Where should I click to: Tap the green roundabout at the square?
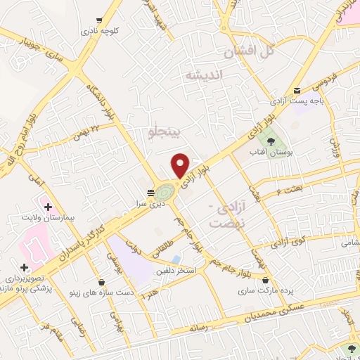click(x=165, y=191)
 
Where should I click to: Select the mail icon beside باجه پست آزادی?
click(x=297, y=90)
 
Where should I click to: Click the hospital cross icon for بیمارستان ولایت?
click(x=48, y=207)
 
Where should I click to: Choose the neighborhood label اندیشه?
click(x=203, y=75)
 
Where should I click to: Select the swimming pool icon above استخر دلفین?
click(x=176, y=259)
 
